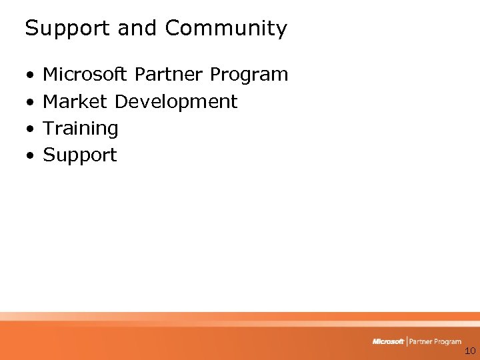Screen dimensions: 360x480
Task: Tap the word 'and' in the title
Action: (x=138, y=29)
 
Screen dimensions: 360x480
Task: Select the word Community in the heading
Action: (x=226, y=29)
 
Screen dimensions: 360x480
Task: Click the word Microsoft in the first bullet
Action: (x=85, y=74)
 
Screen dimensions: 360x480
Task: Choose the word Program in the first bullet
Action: (x=249, y=75)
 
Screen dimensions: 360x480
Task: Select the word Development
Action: (x=176, y=102)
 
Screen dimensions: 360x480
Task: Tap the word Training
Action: (x=80, y=128)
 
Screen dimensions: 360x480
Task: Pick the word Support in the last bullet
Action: (x=79, y=155)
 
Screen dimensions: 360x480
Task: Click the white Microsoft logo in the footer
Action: (x=388, y=341)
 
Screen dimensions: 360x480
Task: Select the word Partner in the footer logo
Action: (x=423, y=341)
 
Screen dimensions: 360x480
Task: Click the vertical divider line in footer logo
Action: (x=407, y=341)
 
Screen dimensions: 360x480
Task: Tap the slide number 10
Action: (x=469, y=351)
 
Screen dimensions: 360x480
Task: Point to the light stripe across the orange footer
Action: (x=240, y=323)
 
